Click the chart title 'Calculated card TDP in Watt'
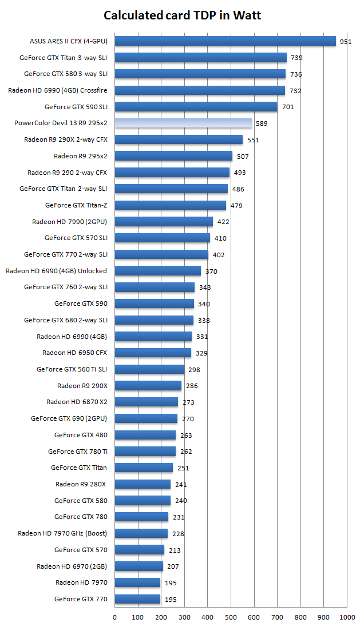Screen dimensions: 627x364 (x=182, y=15)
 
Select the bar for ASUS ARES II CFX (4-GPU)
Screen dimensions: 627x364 (x=225, y=41)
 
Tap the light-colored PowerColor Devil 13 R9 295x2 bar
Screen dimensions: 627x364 (x=183, y=123)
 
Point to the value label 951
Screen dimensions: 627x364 (x=345, y=42)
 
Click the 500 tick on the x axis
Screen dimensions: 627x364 (x=231, y=617)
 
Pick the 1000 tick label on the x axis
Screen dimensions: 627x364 (x=347, y=617)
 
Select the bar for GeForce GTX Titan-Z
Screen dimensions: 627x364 (x=170, y=205)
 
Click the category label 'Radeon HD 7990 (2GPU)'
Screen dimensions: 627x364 (x=69, y=221)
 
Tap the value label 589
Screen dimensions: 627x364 (x=261, y=123)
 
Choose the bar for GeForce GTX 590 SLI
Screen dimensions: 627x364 (x=196, y=107)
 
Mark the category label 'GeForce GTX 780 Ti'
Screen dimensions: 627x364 (x=77, y=451)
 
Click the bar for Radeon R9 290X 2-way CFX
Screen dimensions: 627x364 (x=179, y=139)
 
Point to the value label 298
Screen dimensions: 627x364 (x=193, y=370)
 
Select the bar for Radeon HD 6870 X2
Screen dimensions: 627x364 (x=146, y=402)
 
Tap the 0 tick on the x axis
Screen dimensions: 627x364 (x=114, y=617)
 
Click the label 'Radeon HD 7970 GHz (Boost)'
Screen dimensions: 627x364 (x=62, y=533)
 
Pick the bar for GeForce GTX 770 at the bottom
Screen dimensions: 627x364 (x=137, y=599)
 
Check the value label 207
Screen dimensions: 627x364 (x=172, y=566)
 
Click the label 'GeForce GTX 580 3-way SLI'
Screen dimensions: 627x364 (x=66, y=74)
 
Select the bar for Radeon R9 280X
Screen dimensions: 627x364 (x=143, y=484)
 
